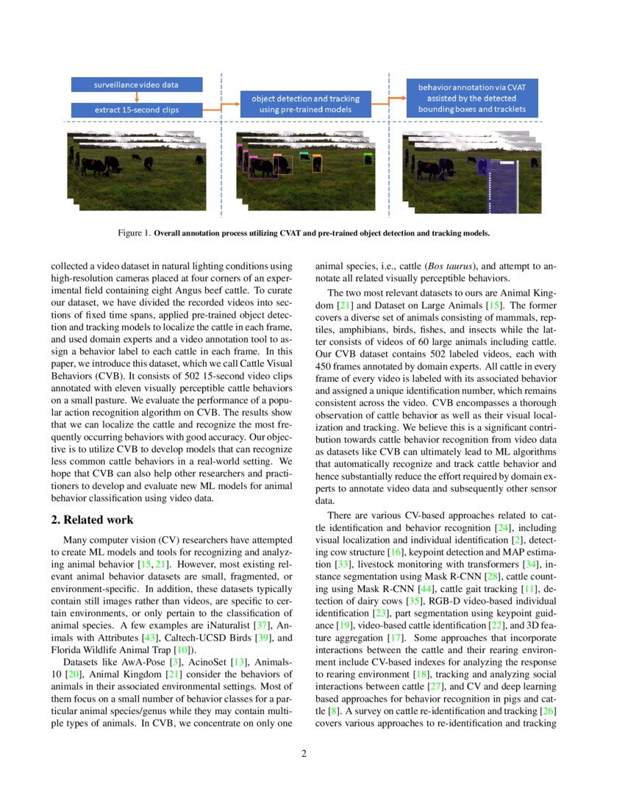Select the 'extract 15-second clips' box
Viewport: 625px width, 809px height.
[x=136, y=110]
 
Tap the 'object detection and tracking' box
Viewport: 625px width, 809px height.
[x=305, y=104]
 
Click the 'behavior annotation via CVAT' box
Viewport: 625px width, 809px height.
[x=472, y=98]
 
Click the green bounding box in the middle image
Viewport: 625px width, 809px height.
[x=368, y=158]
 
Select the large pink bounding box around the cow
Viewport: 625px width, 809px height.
[x=262, y=168]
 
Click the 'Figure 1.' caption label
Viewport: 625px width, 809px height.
[x=134, y=233]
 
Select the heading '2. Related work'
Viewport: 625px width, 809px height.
[x=92, y=520]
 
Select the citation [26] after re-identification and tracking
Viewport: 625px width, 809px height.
[x=547, y=711]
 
